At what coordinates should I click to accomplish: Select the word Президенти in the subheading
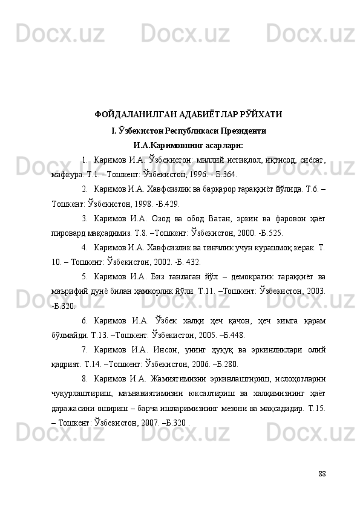click(x=237, y=130)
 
